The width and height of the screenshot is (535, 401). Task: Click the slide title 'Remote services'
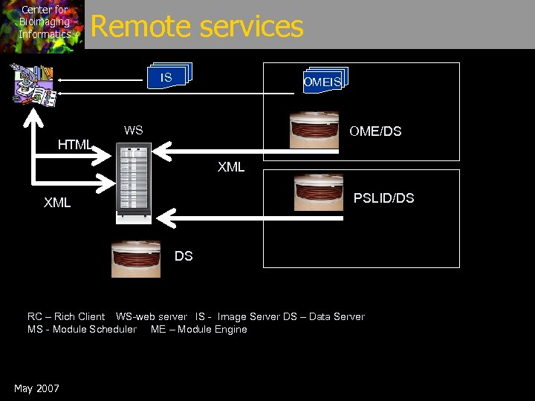tap(197, 27)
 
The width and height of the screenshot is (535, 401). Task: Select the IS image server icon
tap(169, 76)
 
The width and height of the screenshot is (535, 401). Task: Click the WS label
tap(134, 131)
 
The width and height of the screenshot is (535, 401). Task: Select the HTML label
tap(74, 145)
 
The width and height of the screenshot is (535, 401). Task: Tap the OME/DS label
tap(375, 131)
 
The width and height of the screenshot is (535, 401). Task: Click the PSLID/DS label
tap(383, 198)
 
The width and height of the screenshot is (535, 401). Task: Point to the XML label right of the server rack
tap(231, 167)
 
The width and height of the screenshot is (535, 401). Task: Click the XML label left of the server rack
tap(57, 203)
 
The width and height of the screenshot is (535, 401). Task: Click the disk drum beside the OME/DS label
tap(314, 131)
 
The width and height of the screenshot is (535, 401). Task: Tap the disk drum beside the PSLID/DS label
tap(319, 192)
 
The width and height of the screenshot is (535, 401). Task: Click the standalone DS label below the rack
tap(184, 256)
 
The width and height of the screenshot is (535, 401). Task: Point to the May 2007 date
tap(36, 388)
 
